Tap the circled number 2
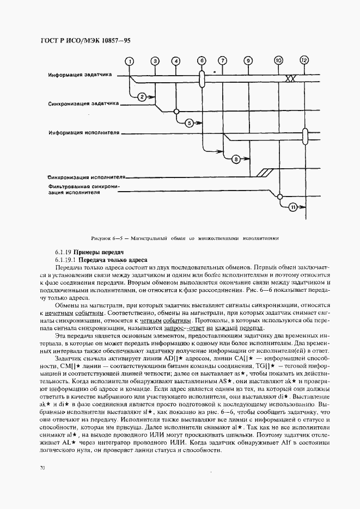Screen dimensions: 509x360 (141, 97)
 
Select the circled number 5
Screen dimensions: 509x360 (190, 123)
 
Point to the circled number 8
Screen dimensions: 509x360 (236, 159)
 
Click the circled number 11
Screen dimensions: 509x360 (294, 206)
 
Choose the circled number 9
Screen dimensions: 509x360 (248, 60)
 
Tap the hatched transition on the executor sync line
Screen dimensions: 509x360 (265, 173)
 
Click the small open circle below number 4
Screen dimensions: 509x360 (175, 112)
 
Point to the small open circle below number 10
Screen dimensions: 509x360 (279, 196)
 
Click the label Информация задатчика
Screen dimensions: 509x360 (80, 74)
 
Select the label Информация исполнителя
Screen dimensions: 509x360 (83, 132)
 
